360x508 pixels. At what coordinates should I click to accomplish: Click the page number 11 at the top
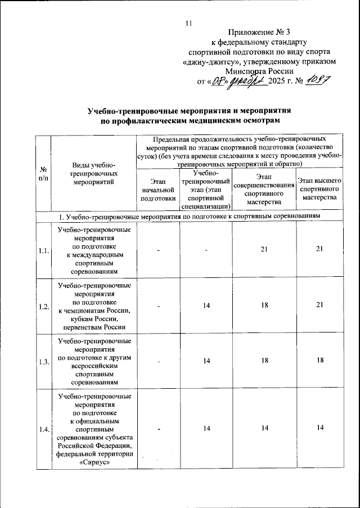click(188, 23)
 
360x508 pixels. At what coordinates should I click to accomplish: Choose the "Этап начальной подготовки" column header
click(158, 190)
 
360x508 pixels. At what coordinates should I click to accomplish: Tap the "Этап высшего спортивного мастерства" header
click(319, 189)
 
